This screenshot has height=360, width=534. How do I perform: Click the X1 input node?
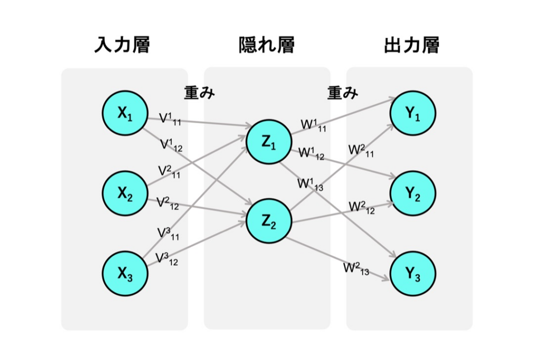pyautogui.click(x=125, y=113)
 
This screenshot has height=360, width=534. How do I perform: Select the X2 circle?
pyautogui.click(x=125, y=194)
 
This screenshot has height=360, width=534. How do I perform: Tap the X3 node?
pyautogui.click(x=125, y=274)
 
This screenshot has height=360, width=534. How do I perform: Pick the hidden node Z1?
pyautogui.click(x=268, y=142)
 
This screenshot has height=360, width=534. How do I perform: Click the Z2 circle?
pyautogui.click(x=268, y=222)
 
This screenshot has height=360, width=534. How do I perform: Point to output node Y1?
pyautogui.click(x=412, y=113)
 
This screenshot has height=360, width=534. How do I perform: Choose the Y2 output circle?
pyautogui.click(x=412, y=194)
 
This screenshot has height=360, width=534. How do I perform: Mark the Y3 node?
pyautogui.click(x=412, y=274)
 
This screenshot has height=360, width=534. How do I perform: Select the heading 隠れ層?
pyautogui.click(x=266, y=45)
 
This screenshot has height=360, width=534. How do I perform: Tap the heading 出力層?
pyautogui.click(x=411, y=45)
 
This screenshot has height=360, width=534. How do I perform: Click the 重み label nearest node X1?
pyautogui.click(x=200, y=92)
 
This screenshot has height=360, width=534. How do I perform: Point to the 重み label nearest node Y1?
pyautogui.click(x=343, y=92)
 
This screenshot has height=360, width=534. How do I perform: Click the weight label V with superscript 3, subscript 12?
pyautogui.click(x=167, y=258)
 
